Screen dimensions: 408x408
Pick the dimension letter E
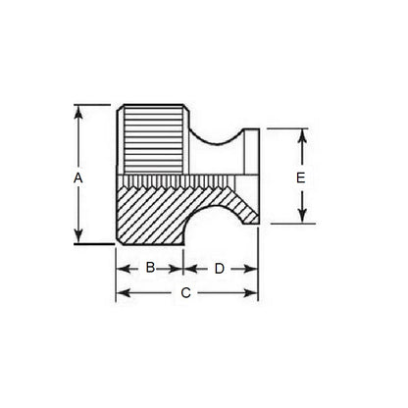302,178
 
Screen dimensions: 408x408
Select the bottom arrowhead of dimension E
303,219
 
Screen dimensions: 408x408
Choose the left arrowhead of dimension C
122,292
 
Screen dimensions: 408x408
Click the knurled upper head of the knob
152,142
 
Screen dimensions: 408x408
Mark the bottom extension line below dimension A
93,244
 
